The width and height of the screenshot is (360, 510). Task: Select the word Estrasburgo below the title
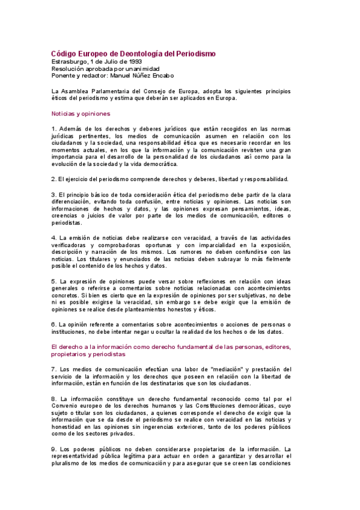coord(69,62)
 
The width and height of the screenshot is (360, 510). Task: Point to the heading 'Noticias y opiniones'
coord(81,113)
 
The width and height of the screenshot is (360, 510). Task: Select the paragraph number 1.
coord(53,129)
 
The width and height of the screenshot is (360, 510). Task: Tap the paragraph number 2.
coord(53,179)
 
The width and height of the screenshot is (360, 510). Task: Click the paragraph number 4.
coord(53,238)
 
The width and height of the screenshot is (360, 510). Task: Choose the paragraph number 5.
coord(53,281)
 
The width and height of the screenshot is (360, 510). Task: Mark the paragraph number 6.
coord(53,324)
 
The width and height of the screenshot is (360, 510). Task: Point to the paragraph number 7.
coord(53,369)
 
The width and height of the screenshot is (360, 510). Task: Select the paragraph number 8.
coord(53,398)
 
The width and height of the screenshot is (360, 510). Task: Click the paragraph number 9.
coord(53,449)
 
